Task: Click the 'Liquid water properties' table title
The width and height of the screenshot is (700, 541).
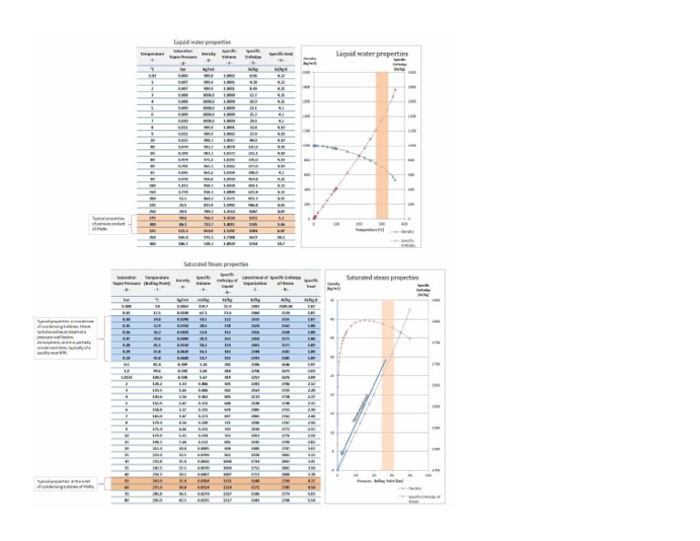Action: click(201, 43)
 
